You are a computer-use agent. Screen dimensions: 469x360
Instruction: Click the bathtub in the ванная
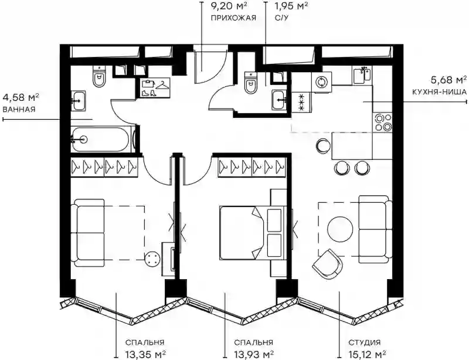[102, 140]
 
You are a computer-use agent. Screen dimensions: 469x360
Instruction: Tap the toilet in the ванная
[99, 76]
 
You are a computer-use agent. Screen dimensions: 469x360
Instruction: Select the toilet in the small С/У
[251, 83]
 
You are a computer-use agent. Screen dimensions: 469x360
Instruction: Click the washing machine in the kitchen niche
[321, 82]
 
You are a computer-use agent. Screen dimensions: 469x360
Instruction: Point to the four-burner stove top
[383, 122]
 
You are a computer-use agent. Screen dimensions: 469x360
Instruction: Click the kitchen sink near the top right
[362, 75]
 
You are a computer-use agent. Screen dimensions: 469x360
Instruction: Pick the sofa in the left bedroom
[89, 233]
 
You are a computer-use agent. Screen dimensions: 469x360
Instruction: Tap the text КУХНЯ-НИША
[439, 92]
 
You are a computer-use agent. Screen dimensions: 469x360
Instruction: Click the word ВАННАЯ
[19, 109]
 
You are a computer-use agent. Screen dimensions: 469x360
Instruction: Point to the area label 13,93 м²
[253, 354]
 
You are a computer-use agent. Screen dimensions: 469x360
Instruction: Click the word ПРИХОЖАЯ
[233, 18]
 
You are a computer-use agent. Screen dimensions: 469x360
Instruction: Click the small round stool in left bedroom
[152, 258]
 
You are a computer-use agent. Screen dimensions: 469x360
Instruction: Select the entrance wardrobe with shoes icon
[155, 88]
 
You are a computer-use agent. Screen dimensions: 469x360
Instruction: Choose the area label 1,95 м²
[291, 5]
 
